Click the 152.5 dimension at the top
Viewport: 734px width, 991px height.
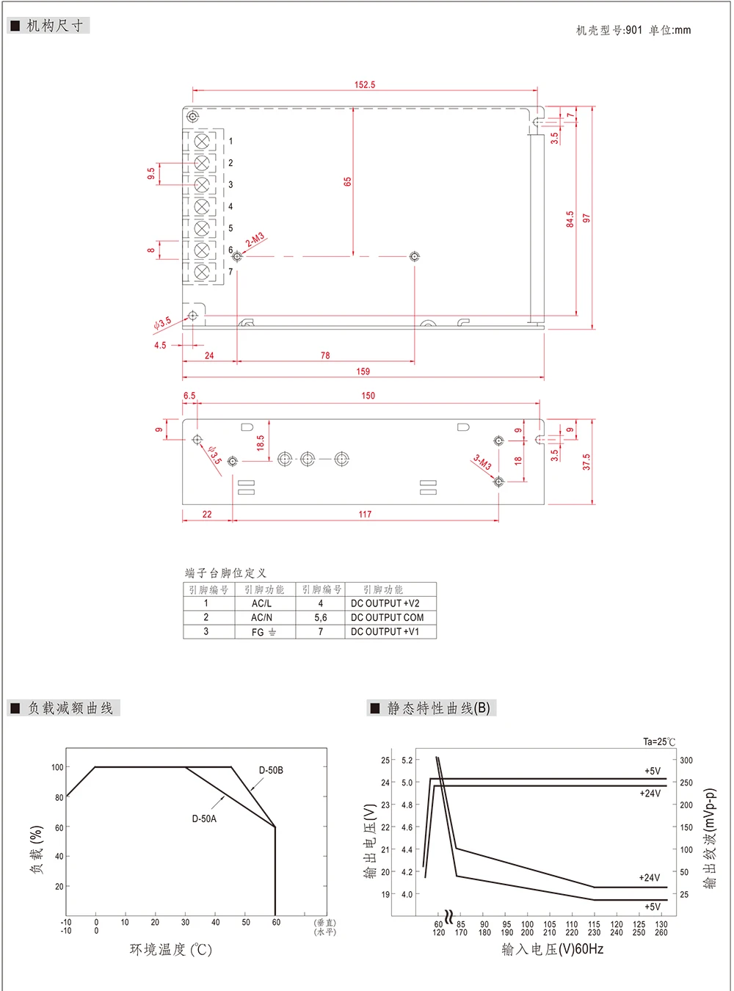coord(365,85)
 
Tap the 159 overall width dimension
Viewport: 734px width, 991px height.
coord(363,371)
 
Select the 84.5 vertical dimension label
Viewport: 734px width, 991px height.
coord(570,219)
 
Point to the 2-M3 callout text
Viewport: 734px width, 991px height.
coord(255,239)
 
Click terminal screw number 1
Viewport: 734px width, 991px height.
coord(202,142)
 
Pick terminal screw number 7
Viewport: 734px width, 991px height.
coord(202,272)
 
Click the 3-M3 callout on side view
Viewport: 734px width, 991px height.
coord(482,462)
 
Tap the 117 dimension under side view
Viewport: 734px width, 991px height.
coord(365,515)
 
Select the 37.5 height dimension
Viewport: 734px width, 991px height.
coord(586,462)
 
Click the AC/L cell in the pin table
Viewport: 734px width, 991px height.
coord(261,603)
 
